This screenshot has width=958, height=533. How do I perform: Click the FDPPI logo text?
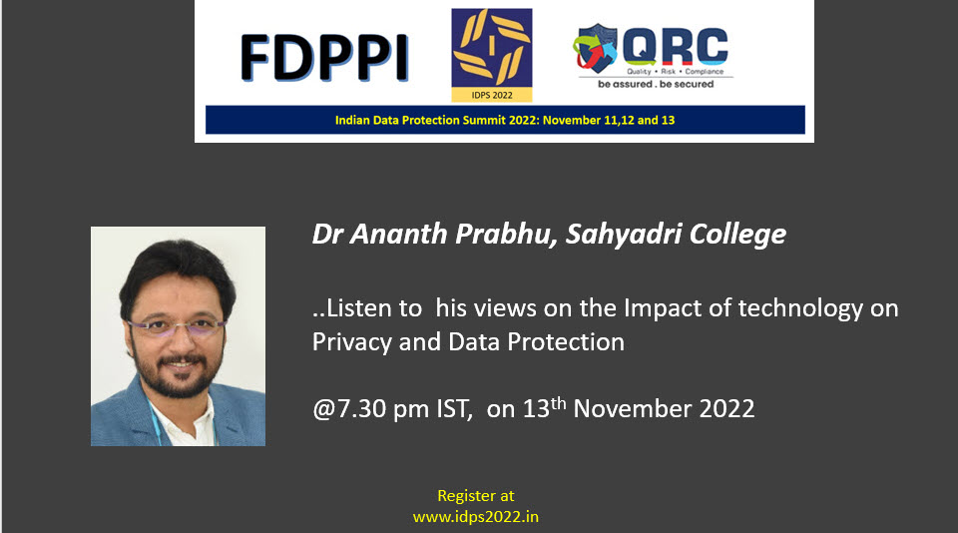click(x=324, y=58)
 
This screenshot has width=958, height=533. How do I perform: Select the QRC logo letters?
click(x=676, y=46)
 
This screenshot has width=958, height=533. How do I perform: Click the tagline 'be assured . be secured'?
click(x=656, y=85)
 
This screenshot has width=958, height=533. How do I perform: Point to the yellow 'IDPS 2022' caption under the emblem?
click(x=492, y=96)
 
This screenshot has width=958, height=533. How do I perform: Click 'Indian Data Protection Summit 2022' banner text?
click(x=435, y=120)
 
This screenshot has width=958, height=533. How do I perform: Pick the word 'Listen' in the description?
click(x=374, y=308)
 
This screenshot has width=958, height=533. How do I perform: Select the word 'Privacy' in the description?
click(x=352, y=342)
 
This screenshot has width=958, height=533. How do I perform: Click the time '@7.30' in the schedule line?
click(x=349, y=409)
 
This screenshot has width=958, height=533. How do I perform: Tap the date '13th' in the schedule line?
click(x=545, y=407)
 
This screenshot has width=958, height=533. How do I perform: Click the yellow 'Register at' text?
click(x=476, y=496)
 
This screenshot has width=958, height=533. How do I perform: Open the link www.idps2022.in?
click(x=476, y=517)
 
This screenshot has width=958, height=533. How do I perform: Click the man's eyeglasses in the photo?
click(x=176, y=327)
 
